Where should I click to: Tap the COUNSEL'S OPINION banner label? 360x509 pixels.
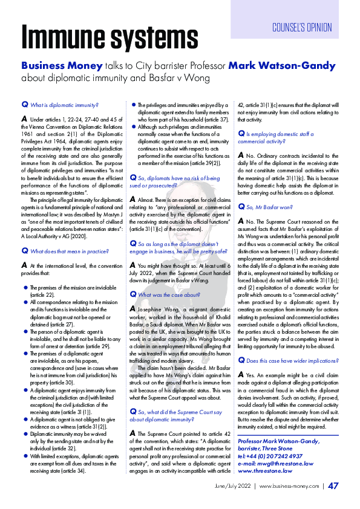(302, 27)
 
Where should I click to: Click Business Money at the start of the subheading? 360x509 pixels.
(59, 65)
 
